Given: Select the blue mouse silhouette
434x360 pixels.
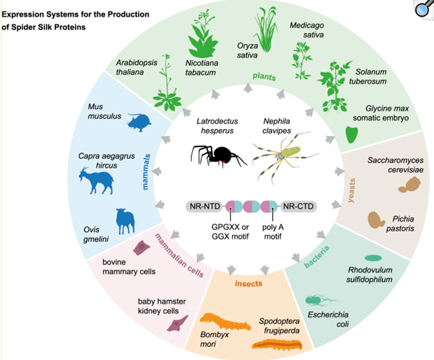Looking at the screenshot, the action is click(x=139, y=121).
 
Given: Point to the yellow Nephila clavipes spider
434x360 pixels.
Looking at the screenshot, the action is click(x=285, y=156).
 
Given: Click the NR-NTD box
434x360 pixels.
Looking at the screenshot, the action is click(x=205, y=206).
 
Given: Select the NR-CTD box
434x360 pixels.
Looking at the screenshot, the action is click(x=298, y=206).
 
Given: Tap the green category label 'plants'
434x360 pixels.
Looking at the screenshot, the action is click(x=264, y=77).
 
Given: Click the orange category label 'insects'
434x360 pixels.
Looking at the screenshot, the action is click(x=249, y=283).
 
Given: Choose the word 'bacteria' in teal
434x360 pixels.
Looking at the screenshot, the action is click(x=317, y=257).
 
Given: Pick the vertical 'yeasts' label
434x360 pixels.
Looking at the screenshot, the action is click(x=351, y=191).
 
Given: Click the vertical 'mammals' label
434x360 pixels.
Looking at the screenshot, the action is click(x=146, y=172).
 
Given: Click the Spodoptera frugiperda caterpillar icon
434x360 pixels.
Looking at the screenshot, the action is click(x=277, y=345).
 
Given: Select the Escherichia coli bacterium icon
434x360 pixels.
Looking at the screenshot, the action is click(x=321, y=300).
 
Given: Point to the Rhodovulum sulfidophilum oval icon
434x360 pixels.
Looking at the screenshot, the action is click(x=373, y=258).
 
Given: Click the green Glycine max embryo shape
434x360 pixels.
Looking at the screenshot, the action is click(x=351, y=135).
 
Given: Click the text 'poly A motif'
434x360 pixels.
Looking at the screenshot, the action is click(x=273, y=232).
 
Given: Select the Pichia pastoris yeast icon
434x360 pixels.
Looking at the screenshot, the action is click(x=376, y=220).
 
